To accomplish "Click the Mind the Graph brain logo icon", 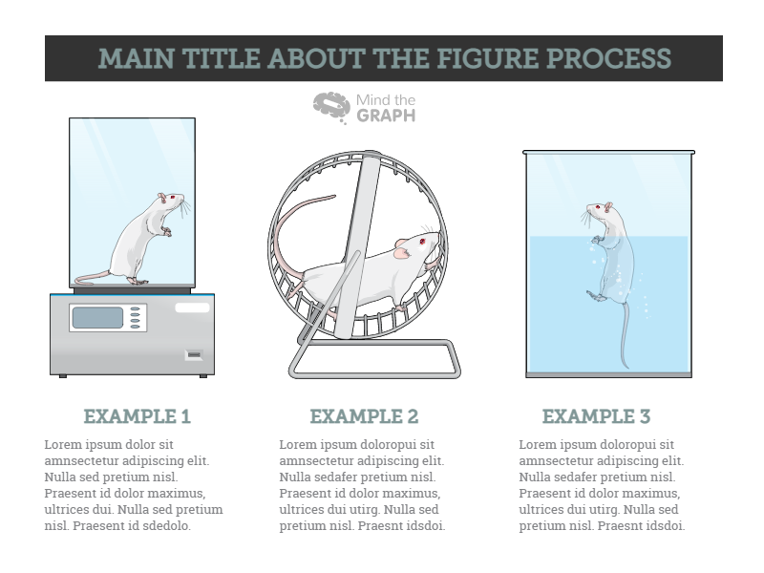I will click(x=331, y=107).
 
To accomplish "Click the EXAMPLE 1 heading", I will click(x=138, y=417).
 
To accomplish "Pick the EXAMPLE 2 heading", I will click(x=364, y=417).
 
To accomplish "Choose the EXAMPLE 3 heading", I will click(x=596, y=417).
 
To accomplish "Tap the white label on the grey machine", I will click(x=192, y=308).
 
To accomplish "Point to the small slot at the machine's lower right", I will click(x=194, y=355).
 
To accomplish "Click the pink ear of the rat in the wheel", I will click(x=401, y=253).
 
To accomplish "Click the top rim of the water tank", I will click(x=608, y=151).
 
